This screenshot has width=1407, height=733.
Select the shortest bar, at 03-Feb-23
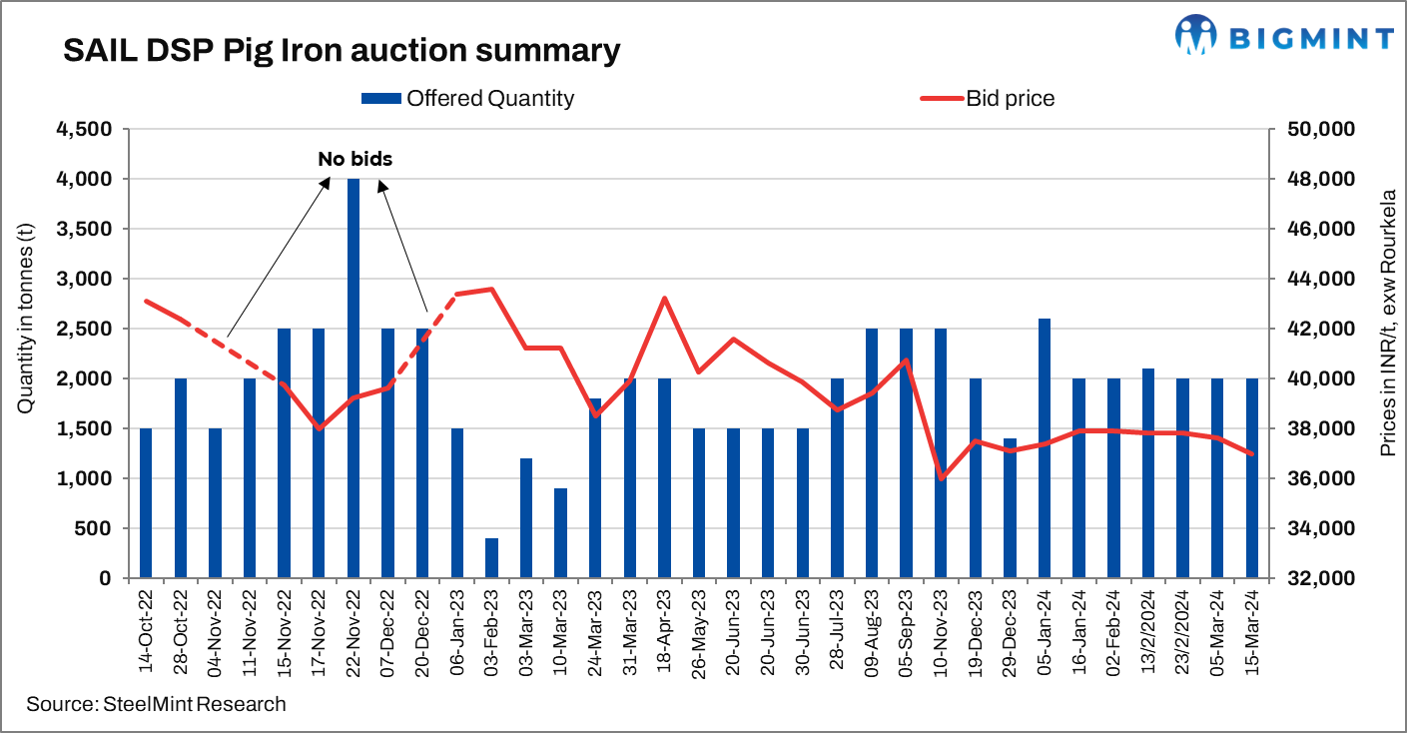pos(491,557)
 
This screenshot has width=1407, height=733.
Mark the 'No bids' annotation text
pos(354,158)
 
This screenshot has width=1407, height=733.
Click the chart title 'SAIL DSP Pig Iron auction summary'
pos(342,50)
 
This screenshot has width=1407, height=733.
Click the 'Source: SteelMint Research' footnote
pos(156,704)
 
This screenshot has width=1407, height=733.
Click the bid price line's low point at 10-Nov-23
pos(941,478)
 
